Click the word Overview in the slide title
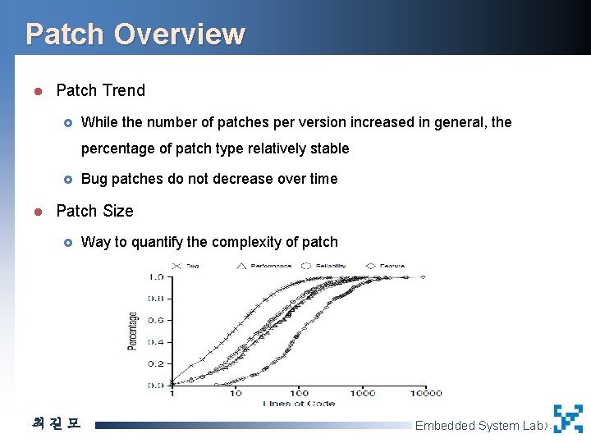click(179, 34)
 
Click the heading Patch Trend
click(100, 90)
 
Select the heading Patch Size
click(94, 211)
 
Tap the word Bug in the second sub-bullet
click(94, 179)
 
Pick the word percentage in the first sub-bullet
click(118, 148)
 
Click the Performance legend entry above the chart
click(270, 266)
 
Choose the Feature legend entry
click(391, 266)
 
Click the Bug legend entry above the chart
click(191, 266)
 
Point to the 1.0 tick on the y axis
click(155, 277)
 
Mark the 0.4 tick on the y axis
click(155, 342)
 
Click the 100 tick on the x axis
click(298, 393)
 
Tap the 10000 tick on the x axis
click(427, 393)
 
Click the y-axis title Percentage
click(133, 331)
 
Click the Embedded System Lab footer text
click(479, 425)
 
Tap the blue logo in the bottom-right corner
click(568, 418)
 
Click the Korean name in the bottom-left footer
click(56, 424)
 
